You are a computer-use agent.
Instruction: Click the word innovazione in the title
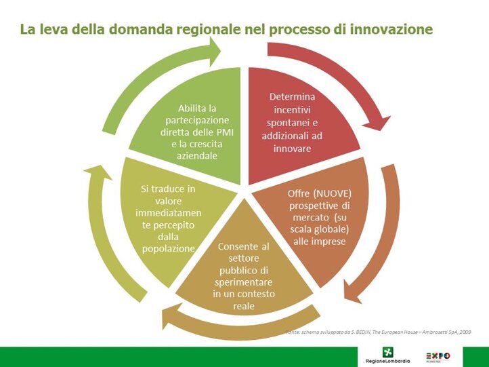[394, 30]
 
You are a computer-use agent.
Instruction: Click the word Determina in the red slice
[292, 96]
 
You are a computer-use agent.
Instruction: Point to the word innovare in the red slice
[292, 148]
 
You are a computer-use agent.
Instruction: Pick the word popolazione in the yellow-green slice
[169, 248]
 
